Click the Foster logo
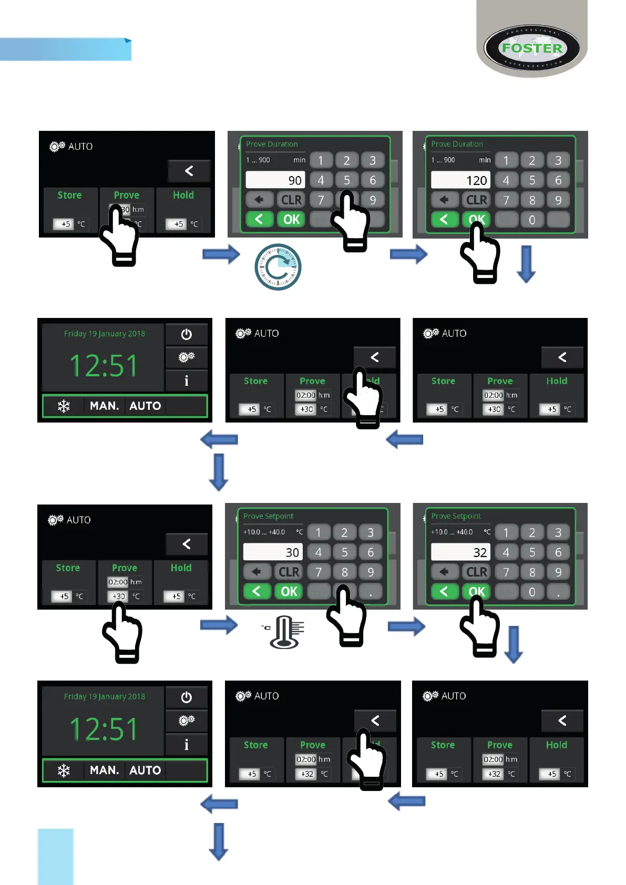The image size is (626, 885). pyautogui.click(x=531, y=48)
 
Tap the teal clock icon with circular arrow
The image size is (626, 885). pyautogui.click(x=278, y=267)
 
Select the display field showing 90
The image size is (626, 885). pyautogui.click(x=275, y=180)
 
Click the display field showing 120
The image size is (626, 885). pyautogui.click(x=460, y=180)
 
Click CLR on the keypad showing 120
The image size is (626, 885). pyautogui.click(x=476, y=200)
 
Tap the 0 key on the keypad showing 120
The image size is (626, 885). pyautogui.click(x=532, y=220)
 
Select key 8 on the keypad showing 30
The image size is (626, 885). pyautogui.click(x=345, y=572)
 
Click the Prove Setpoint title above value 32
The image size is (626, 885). pyautogui.click(x=456, y=516)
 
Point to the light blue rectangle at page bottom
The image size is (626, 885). pyautogui.click(x=56, y=856)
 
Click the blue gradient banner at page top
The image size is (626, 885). pyautogui.click(x=65, y=50)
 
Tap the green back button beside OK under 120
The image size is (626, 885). pyautogui.click(x=444, y=220)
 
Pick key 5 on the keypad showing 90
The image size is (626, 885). pyautogui.click(x=347, y=180)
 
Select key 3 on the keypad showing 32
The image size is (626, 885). pyautogui.click(x=558, y=532)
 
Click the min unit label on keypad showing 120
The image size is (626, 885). pyautogui.click(x=485, y=160)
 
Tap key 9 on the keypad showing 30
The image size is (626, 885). pyautogui.click(x=371, y=572)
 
